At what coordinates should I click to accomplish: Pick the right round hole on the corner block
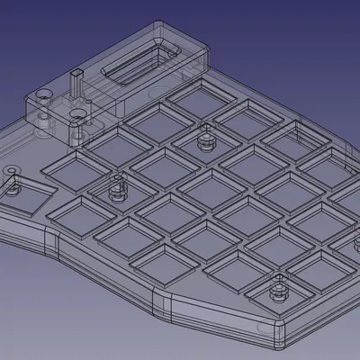coord(79,115)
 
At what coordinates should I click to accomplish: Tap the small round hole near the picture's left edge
coord(11,170)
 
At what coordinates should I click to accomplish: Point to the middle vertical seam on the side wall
coord(157,302)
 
